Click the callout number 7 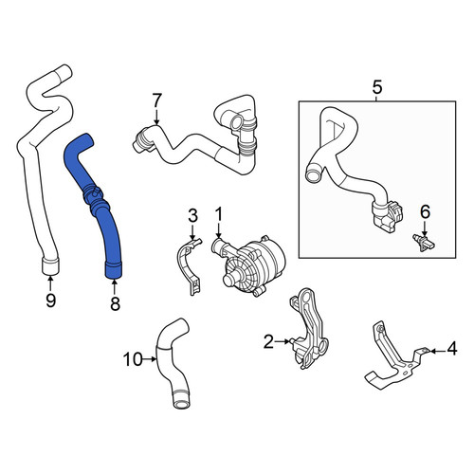(156, 100)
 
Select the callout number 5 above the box (377, 87)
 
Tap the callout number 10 (133, 359)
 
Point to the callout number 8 (115, 303)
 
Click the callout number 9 (50, 300)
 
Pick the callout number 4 (452, 349)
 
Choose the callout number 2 (268, 341)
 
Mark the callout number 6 (426, 211)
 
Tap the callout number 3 (192, 215)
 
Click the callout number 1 (219, 214)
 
